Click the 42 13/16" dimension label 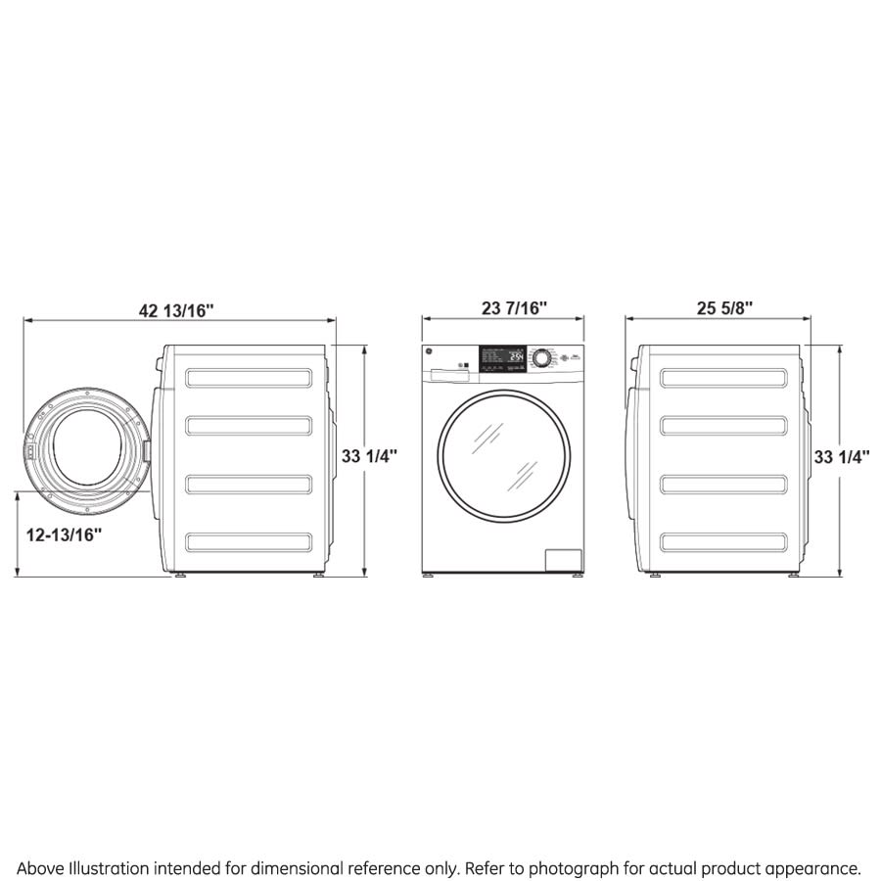[176, 310]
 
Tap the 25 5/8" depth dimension [724, 308]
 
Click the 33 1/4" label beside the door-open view [369, 456]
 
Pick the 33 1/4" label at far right [842, 456]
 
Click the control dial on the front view [540, 358]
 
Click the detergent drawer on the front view [446, 372]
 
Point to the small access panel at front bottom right [563, 559]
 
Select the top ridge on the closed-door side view [723, 377]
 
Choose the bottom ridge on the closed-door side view [723, 541]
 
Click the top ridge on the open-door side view [249, 377]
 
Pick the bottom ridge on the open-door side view [249, 541]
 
